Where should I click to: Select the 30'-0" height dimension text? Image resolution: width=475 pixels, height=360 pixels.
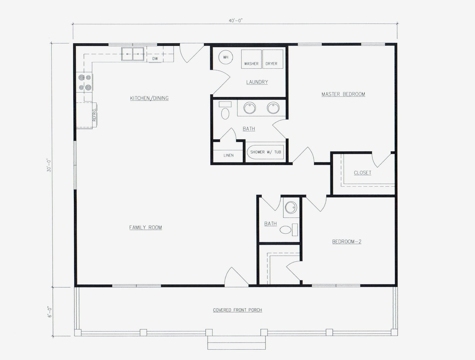click(49, 165)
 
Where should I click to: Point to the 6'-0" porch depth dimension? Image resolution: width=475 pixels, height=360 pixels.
click(49, 312)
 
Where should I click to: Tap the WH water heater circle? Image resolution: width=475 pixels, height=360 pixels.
click(225, 57)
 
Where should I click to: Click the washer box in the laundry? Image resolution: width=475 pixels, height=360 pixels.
click(251, 59)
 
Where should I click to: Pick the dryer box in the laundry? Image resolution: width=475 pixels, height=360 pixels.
click(272, 59)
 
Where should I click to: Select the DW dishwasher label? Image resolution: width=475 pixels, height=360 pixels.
click(155, 59)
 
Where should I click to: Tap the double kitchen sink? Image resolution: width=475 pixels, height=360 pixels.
click(133, 54)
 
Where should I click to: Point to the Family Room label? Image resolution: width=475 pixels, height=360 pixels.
click(145, 227)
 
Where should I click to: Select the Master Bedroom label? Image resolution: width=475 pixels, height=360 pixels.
click(343, 94)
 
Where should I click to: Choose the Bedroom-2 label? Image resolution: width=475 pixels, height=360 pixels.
click(346, 241)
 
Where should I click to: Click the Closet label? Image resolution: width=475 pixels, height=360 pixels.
click(362, 173)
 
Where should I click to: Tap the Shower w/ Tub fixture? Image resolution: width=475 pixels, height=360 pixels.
click(265, 152)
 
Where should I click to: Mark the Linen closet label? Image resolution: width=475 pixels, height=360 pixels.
click(228, 155)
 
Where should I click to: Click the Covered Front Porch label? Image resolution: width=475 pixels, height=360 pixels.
click(237, 310)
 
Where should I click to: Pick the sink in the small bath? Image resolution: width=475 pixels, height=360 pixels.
click(291, 207)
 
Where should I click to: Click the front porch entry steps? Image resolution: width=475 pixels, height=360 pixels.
click(237, 342)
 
